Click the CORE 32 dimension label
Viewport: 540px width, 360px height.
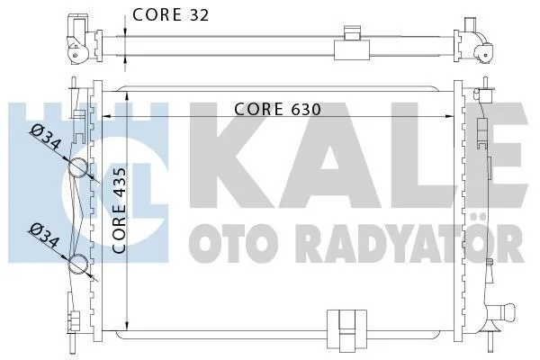tap(170, 14)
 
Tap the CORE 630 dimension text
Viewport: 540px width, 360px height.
tap(277, 109)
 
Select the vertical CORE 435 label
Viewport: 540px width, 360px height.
tap(119, 211)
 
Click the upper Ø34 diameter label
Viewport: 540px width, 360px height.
tap(46, 138)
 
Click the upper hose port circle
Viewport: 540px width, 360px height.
tap(77, 167)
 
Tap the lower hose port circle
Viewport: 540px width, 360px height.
tap(77, 264)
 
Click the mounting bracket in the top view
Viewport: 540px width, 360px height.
tap(352, 44)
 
